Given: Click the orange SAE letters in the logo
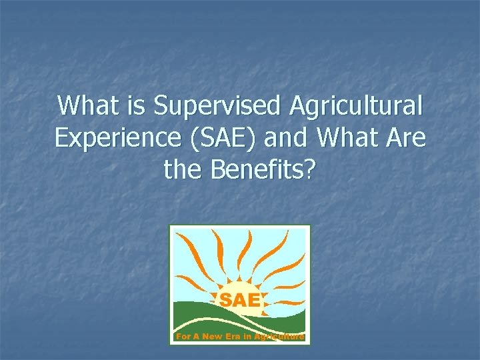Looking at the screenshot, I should [x=240, y=300].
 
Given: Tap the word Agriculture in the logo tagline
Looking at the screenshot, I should [x=279, y=337].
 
